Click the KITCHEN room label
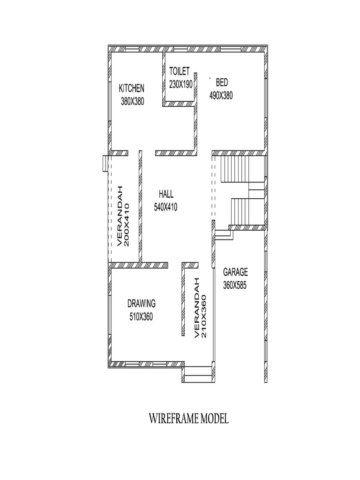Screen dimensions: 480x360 tap(132, 88)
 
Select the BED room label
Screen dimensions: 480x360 tap(221, 83)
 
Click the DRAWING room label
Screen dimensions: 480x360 tap(141, 303)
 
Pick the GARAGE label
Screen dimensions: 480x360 tap(235, 272)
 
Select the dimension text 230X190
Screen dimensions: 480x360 tap(180, 83)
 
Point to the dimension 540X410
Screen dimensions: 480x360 tap(165, 207)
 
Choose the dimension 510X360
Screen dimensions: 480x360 tap(141, 316)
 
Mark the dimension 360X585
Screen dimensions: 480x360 tap(235, 284)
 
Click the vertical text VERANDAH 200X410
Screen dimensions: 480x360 tap(123, 216)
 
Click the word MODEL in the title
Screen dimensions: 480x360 tap(214, 419)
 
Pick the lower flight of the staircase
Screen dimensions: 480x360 tap(242, 211)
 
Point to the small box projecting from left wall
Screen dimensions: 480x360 tap(105, 164)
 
